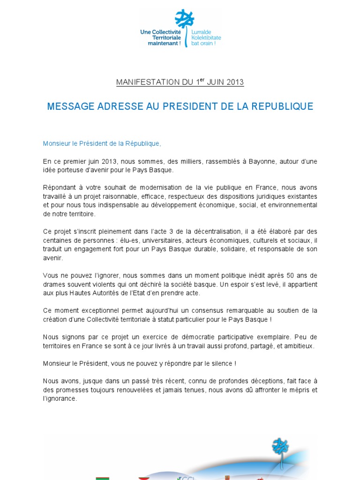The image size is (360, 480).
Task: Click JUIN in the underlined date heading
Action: (x=217, y=82)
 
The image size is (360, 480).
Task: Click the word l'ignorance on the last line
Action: (x=60, y=399)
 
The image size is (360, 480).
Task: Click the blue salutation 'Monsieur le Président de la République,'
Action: (x=102, y=143)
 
